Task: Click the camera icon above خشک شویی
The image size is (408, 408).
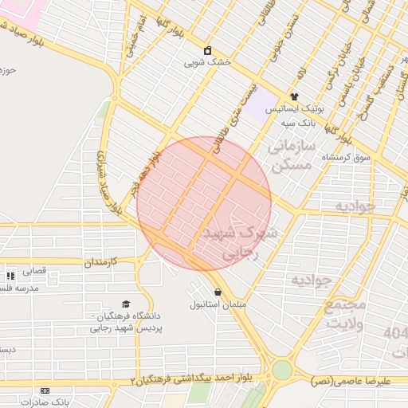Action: pos(208,50)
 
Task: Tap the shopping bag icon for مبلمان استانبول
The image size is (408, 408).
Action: pos(218,292)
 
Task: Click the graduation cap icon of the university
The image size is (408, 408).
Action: pos(125,304)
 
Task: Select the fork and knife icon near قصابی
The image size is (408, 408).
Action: pos(10,276)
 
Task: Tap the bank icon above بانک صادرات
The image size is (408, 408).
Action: pos(45,391)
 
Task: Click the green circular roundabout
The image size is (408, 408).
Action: pos(282,370)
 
